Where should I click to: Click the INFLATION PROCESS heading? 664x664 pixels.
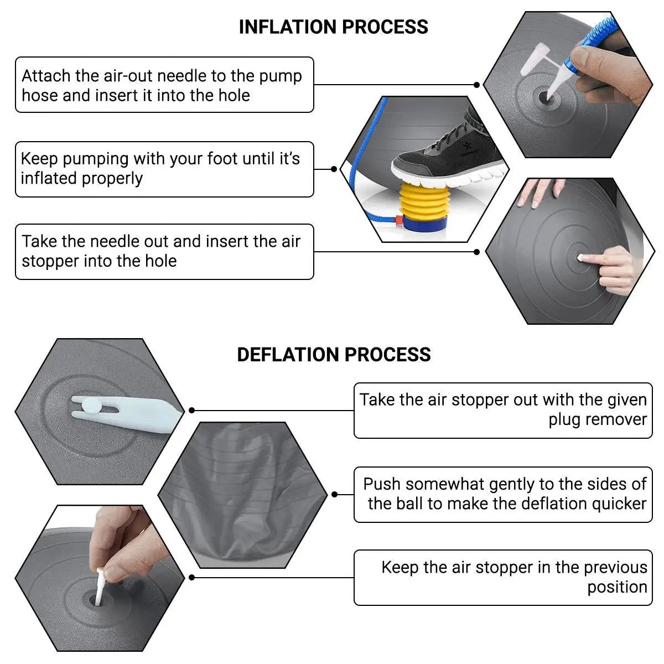pos(333,27)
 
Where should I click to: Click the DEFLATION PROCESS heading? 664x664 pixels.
pos(334,355)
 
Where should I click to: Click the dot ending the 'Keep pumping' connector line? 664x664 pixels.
pos(334,169)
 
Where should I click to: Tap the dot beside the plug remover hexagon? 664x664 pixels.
pos(191,410)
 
